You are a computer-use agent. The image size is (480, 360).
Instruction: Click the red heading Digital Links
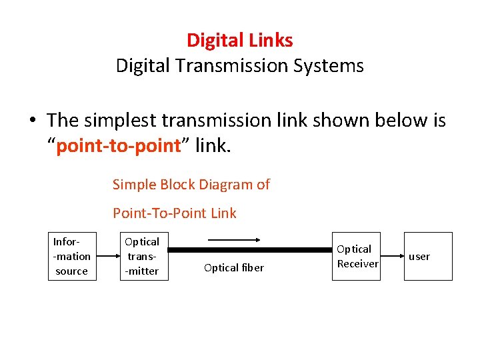coord(239,40)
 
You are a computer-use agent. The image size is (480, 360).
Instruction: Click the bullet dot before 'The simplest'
coord(32,121)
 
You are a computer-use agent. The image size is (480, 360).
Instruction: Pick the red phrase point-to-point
coord(119,146)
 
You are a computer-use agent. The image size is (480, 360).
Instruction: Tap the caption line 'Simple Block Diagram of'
coord(191,185)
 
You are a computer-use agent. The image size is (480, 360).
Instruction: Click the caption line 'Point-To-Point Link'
coord(175,213)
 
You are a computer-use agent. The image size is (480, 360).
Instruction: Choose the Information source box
coord(72,256)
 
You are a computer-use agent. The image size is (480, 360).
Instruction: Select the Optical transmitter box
coord(142,256)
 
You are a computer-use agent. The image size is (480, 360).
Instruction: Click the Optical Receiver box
coord(357,256)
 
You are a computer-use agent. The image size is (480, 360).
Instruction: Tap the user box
coord(428,256)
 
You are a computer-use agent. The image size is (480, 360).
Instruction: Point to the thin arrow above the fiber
coord(233,239)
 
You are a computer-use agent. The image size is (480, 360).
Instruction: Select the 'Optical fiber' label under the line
coord(234,268)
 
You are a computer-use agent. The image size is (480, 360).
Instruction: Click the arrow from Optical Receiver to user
coord(391,256)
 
